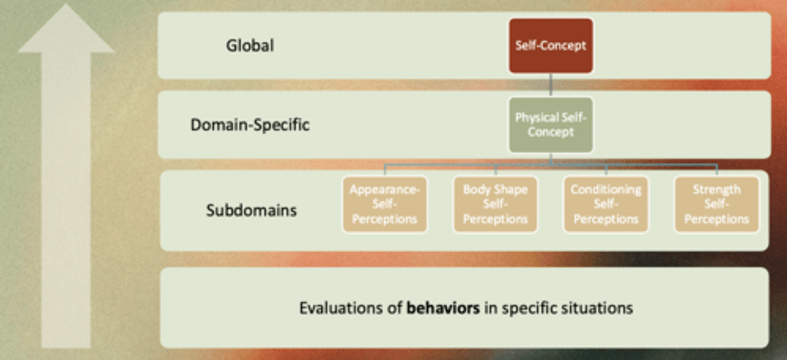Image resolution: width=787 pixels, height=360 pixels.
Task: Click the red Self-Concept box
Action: pos(550,46)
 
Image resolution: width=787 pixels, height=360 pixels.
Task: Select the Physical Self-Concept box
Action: pos(550,125)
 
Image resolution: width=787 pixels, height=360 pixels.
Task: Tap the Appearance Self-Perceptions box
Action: pos(384,204)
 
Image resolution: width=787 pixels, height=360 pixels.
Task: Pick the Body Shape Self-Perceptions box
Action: pos(495,204)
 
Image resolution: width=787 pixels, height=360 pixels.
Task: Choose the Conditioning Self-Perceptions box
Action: pos(606,204)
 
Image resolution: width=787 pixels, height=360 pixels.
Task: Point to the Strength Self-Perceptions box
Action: pos(716,204)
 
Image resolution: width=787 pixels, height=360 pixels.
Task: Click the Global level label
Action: pos(250,45)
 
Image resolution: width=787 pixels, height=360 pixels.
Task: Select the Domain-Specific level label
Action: pos(250,125)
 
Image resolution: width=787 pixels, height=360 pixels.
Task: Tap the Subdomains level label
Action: pos(251,210)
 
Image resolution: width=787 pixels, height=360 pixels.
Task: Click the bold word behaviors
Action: pos(443,308)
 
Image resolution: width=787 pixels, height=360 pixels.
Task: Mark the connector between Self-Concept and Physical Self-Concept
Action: pos(550,86)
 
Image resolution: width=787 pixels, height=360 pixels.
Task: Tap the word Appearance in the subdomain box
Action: pos(384,190)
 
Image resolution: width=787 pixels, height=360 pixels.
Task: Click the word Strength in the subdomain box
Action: pos(716,190)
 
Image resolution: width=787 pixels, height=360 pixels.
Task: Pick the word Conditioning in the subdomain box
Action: pos(606,190)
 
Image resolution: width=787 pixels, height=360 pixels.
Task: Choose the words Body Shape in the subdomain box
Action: pos(495,190)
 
